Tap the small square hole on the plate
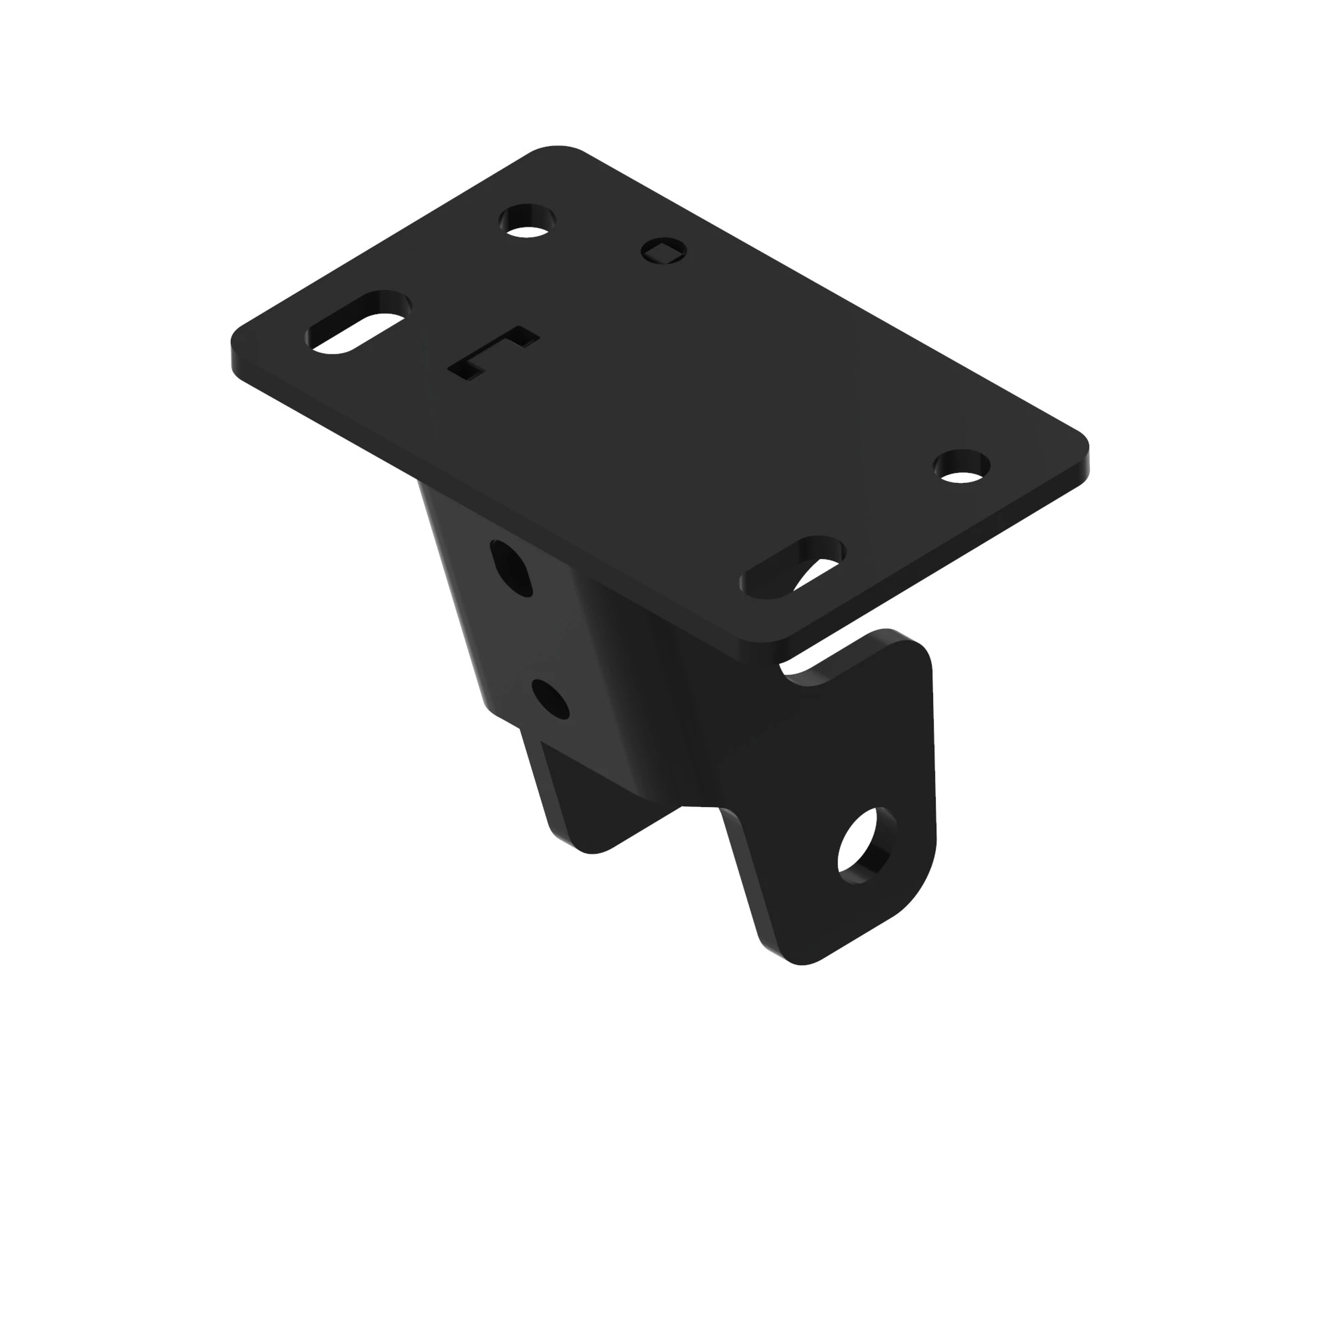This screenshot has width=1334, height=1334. pyautogui.click(x=664, y=250)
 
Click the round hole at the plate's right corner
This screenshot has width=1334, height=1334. pyautogui.click(x=962, y=467)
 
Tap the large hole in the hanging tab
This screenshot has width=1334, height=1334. pyautogui.click(x=863, y=846)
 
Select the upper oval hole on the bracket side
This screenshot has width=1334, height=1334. pyautogui.click(x=512, y=568)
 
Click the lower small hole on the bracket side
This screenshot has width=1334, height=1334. pyautogui.click(x=551, y=700)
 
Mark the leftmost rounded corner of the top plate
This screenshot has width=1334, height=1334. pyautogui.click(x=238, y=346)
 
